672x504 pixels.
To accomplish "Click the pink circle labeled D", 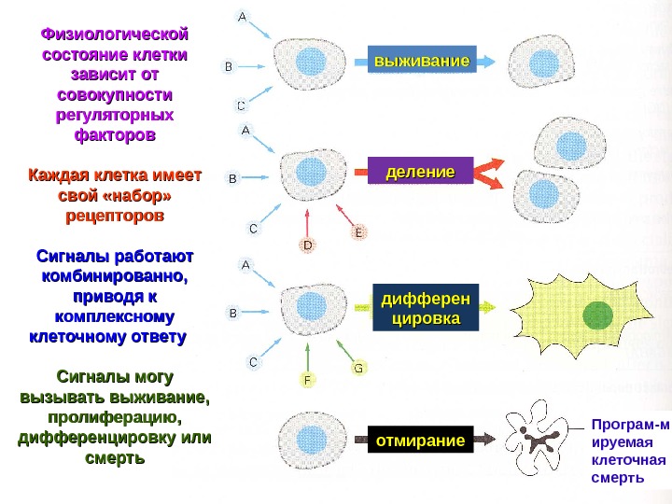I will point(308,245).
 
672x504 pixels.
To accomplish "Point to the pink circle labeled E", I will point(357,233).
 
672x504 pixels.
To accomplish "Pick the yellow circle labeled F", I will point(307,380).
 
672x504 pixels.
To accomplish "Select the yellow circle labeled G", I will point(357,368).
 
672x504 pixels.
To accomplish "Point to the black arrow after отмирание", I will point(488,437).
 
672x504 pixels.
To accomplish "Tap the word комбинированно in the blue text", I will point(114,277).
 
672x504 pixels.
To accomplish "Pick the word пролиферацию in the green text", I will point(114,416).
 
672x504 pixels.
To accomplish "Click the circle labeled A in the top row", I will point(243,16).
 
